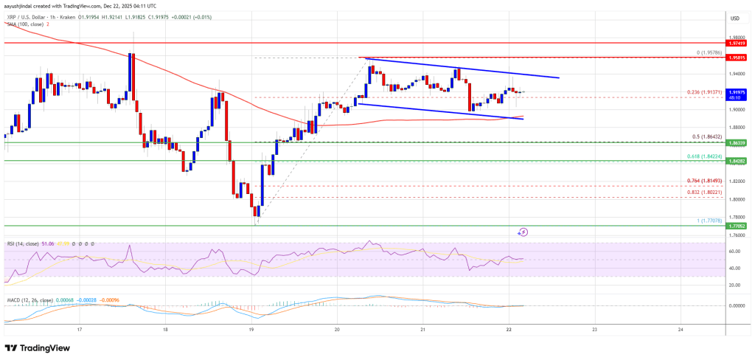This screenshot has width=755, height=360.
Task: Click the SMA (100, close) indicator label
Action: coord(24,24)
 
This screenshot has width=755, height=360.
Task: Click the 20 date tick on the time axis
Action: coord(337,329)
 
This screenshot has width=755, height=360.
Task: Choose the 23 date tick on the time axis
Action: coord(594,329)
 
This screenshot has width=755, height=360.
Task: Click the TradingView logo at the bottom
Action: coord(38,347)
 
